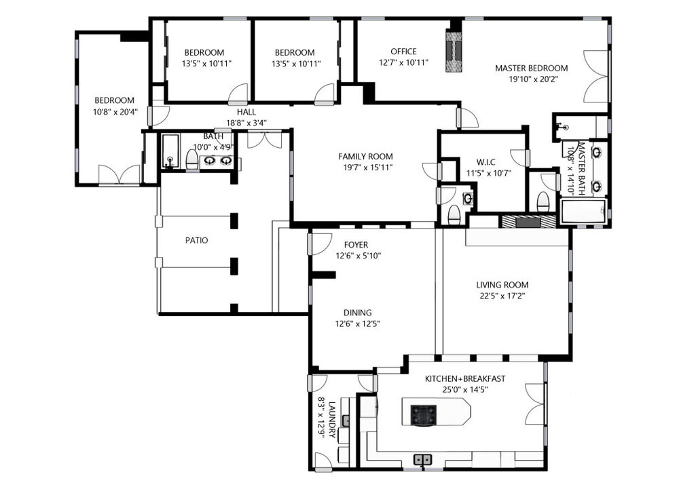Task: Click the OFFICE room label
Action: point(403,52)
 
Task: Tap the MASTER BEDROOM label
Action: point(532,68)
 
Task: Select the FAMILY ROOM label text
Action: point(365,156)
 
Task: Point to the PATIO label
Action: point(197,240)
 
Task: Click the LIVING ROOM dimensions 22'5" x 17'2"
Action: point(502,296)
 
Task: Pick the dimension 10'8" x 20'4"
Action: point(115,112)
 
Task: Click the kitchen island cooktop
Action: point(423,416)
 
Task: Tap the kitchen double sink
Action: point(423,459)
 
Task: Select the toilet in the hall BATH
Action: point(191,159)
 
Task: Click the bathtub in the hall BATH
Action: point(170,151)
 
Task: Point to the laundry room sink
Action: point(346,420)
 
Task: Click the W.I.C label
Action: point(486,162)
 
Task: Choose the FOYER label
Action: point(356,244)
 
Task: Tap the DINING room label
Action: point(358,312)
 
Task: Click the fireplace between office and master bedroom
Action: point(454,51)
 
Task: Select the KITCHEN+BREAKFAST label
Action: point(464,378)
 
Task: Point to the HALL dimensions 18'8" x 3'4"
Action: point(246,123)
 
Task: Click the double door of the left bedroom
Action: point(119,175)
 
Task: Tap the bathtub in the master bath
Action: point(583,211)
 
